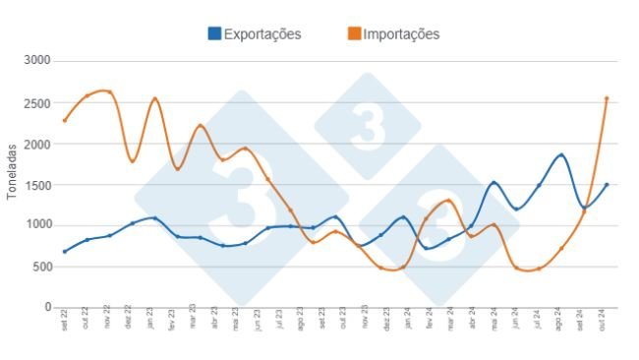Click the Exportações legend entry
coord(261,34)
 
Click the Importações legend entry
coord(401,34)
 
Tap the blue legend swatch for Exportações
coord(214,34)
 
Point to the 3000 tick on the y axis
coord(38,61)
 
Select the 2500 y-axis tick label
coord(38,102)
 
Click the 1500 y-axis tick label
coord(38,184)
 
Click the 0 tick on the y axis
coord(47,307)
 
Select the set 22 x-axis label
coord(65,323)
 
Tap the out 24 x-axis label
coord(608,323)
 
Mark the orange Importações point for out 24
coord(607,98)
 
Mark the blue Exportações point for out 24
coord(607,185)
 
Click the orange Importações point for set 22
coord(65,120)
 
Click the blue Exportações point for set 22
coord(65,251)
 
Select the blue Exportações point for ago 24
coord(561,155)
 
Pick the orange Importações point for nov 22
coord(109,93)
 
